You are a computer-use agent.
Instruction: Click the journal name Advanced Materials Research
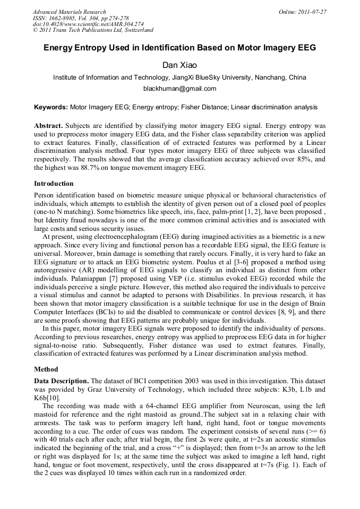pos(70,12)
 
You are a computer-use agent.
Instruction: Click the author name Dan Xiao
pos(179,65)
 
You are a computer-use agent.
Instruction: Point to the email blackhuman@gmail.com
pos(180,89)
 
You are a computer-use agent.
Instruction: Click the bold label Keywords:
pos(51,107)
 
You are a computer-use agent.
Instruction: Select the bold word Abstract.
pos(48,126)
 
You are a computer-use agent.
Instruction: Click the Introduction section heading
pos(54,184)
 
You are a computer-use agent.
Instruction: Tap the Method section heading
pos(46,369)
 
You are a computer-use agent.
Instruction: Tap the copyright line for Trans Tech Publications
pos(93,30)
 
